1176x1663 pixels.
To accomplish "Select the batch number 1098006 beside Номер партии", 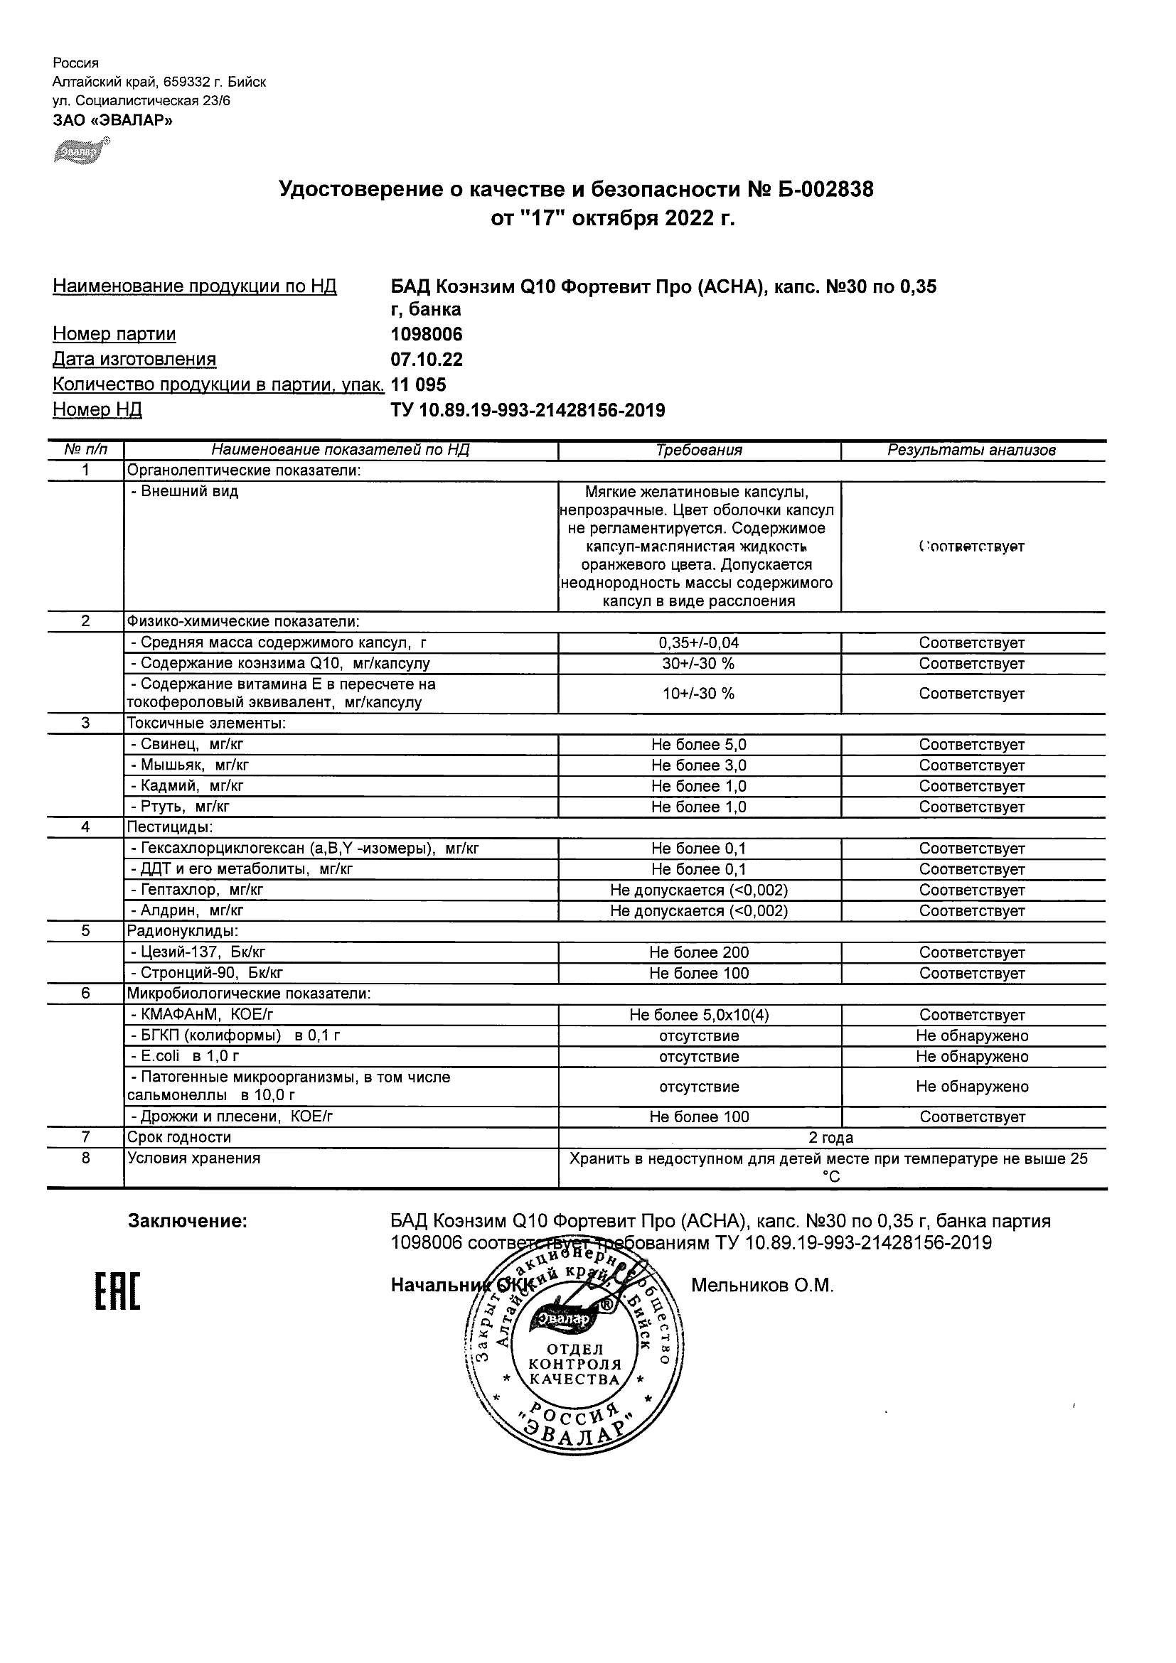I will pyautogui.click(x=426, y=335).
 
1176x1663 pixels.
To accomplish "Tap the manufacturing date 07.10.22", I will pyautogui.click(x=426, y=360).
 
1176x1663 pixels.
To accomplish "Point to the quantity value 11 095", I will pyautogui.click(x=418, y=384).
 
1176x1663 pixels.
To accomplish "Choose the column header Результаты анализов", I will pyautogui.click(x=971, y=450).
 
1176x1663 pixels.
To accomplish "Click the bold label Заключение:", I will pyautogui.click(x=188, y=1221).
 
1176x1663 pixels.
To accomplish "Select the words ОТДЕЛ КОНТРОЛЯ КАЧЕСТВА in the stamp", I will pyautogui.click(x=574, y=1365).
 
